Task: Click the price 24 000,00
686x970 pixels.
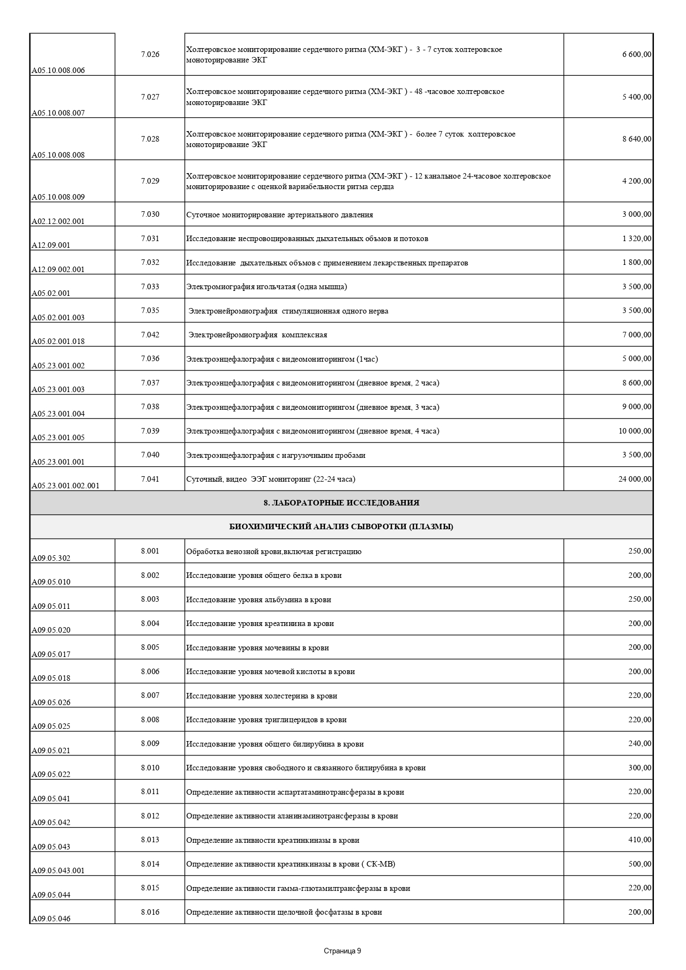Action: pos(635,479)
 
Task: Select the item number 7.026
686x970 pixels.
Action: pos(150,54)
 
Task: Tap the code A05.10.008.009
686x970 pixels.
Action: pos(58,197)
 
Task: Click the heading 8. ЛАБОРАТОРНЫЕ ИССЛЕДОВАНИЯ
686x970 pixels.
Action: pos(341,503)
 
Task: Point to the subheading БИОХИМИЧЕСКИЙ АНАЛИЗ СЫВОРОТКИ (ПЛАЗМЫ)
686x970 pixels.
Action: pos(341,526)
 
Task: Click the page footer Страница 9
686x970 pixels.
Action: pos(342,951)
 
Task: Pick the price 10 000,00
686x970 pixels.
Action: pos(635,431)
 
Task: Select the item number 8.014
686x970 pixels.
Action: pos(150,864)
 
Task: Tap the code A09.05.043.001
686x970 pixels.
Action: pos(58,870)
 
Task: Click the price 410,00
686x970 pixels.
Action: pos(640,839)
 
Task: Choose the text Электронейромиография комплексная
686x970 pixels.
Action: pos(258,335)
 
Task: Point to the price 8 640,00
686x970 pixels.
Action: pos(636,139)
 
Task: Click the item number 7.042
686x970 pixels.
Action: pos(150,335)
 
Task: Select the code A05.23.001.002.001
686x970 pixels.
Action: pos(65,486)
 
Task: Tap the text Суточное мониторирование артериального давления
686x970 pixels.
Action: pos(279,215)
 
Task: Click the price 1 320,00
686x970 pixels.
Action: pos(636,238)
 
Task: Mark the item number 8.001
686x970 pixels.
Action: pos(150,551)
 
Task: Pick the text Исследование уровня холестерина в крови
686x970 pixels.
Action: pos(261,696)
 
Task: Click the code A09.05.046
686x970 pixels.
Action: pos(51,919)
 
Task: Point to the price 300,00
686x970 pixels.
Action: pos(640,768)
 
